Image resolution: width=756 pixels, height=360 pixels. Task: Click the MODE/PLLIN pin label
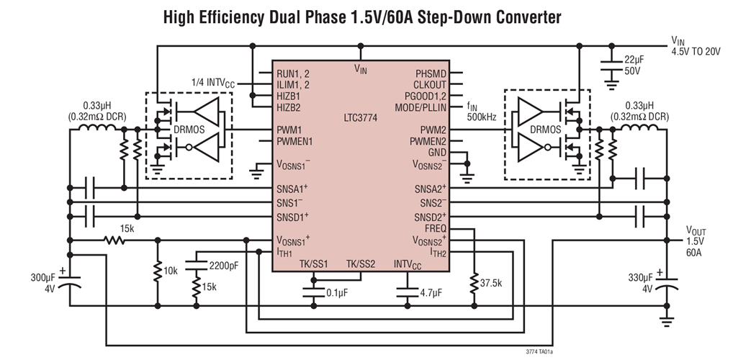click(x=420, y=107)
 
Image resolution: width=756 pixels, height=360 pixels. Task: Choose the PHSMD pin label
click(x=431, y=73)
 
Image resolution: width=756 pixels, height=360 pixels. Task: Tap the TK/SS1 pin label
click(x=314, y=263)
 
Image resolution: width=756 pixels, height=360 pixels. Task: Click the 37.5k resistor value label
click(x=493, y=283)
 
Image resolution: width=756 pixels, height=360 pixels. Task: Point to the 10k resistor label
click(x=170, y=270)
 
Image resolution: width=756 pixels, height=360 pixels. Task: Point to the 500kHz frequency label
click(x=482, y=117)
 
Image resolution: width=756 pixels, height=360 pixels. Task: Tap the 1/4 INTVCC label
click(x=214, y=83)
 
